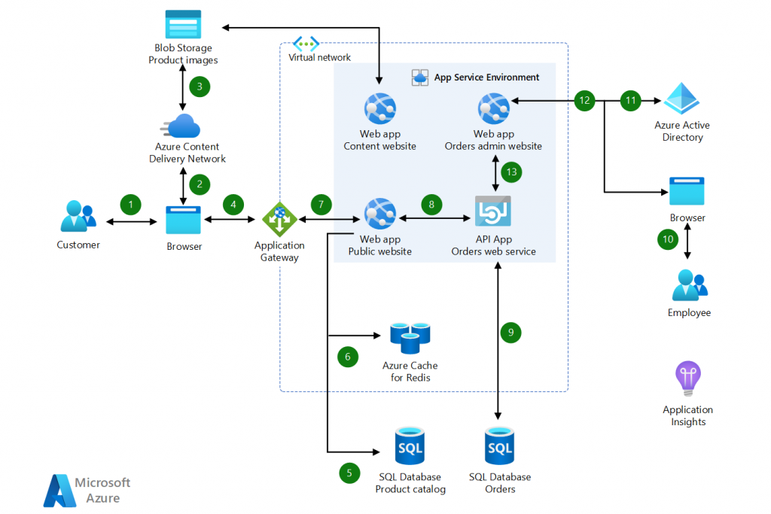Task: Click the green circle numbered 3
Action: pos(200,86)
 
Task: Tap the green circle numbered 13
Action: pos(512,172)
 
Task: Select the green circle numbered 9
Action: pos(510,331)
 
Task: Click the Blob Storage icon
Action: pos(183,24)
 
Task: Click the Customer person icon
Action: pos(78,217)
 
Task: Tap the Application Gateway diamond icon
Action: pos(279,220)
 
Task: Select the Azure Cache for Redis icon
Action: pos(410,338)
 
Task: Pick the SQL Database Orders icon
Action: pos(500,447)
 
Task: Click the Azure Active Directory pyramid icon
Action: pos(682,98)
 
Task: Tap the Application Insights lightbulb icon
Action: pos(688,379)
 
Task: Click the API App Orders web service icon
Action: pos(493,211)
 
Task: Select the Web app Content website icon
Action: pos(379,108)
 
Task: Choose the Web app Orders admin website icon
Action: pos(493,108)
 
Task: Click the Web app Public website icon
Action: pos(379,213)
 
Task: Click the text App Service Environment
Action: pos(486,77)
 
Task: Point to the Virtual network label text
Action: pos(320,57)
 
